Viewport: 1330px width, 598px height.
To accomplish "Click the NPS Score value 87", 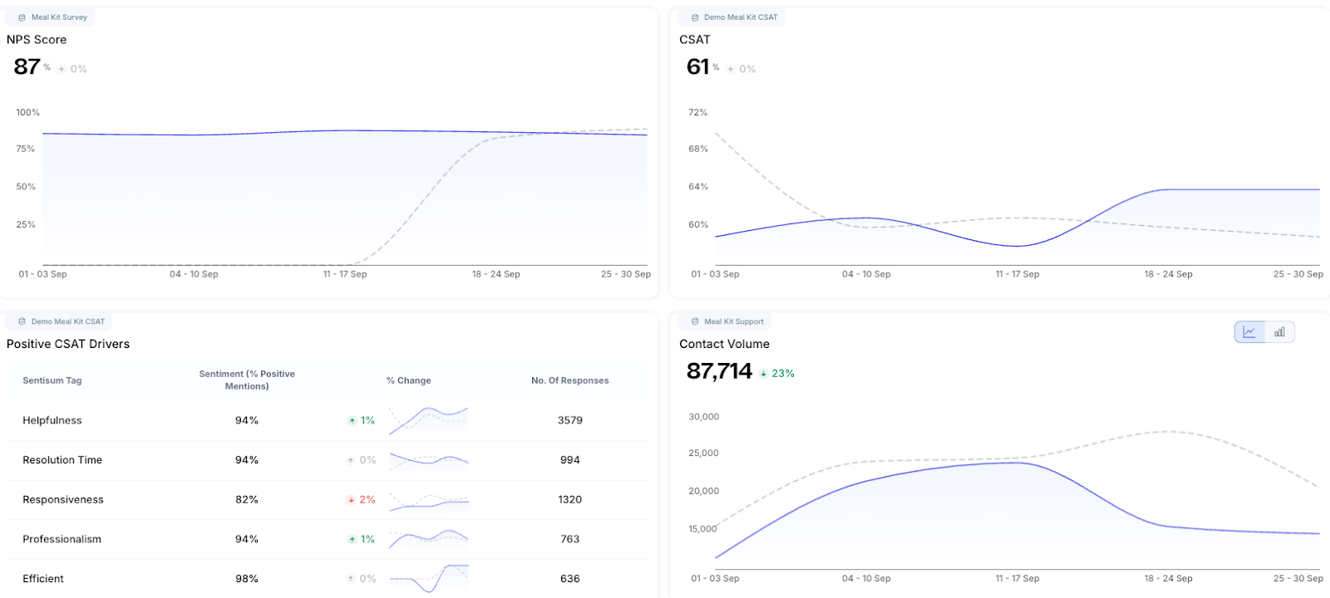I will click(27, 66).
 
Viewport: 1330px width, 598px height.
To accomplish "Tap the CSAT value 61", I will click(698, 66).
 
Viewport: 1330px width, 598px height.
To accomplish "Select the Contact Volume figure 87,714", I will click(719, 371).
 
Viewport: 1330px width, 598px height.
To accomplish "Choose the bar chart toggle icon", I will click(1279, 332).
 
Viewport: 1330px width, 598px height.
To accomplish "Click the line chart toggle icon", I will click(1249, 332).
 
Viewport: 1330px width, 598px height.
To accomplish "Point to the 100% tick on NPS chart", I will click(27, 112).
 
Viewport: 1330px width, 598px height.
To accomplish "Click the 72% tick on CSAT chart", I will click(698, 112).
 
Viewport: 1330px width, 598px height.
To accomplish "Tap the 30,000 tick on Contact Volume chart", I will click(703, 417).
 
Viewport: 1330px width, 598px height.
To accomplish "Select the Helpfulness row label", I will click(52, 420).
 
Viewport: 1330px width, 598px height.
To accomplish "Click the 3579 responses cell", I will click(570, 420).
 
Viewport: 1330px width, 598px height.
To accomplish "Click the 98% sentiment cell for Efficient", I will click(247, 579).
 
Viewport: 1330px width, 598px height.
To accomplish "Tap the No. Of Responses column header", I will click(570, 380).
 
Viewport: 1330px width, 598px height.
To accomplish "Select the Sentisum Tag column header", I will click(52, 380).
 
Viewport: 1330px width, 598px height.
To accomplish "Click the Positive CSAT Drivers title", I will click(68, 344).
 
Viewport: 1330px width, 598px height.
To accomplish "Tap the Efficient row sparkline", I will click(429, 578).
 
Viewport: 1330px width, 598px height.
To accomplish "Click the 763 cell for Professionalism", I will click(570, 539).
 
